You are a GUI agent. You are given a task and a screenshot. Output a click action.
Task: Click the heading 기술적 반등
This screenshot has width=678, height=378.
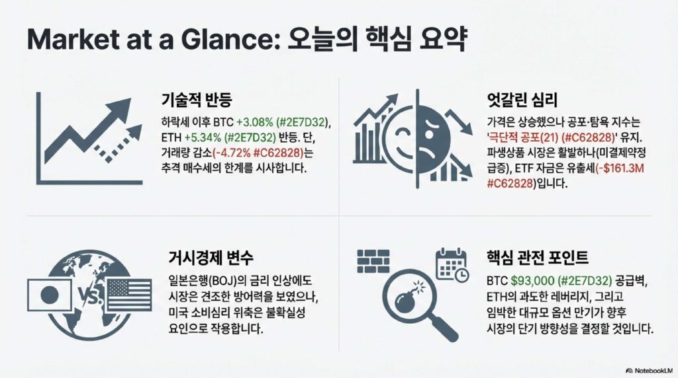pyautogui.click(x=197, y=100)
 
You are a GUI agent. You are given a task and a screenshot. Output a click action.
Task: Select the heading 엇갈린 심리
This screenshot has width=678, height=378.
pyautogui.click(x=522, y=100)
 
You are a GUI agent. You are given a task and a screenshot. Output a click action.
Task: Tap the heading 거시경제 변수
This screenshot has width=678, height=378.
pyautogui.click(x=211, y=258)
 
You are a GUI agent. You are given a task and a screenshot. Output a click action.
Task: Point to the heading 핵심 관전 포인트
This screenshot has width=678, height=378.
pyautogui.click(x=538, y=258)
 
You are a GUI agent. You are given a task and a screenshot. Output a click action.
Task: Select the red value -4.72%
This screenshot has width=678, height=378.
pyautogui.click(x=233, y=153)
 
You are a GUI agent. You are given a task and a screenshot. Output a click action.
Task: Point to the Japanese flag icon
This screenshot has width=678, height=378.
pyautogui.click(x=49, y=295)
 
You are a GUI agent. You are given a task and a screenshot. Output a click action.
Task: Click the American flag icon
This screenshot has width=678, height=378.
pyautogui.click(x=129, y=295)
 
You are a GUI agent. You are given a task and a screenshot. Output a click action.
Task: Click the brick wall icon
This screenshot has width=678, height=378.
pyautogui.click(x=373, y=261)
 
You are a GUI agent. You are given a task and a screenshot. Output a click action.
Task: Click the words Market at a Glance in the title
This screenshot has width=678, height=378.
pyautogui.click(x=152, y=40)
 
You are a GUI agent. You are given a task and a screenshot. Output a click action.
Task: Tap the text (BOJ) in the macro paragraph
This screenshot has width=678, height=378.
pyautogui.click(x=224, y=281)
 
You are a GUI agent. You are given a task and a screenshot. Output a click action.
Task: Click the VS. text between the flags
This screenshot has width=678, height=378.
pyautogui.click(x=89, y=296)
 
